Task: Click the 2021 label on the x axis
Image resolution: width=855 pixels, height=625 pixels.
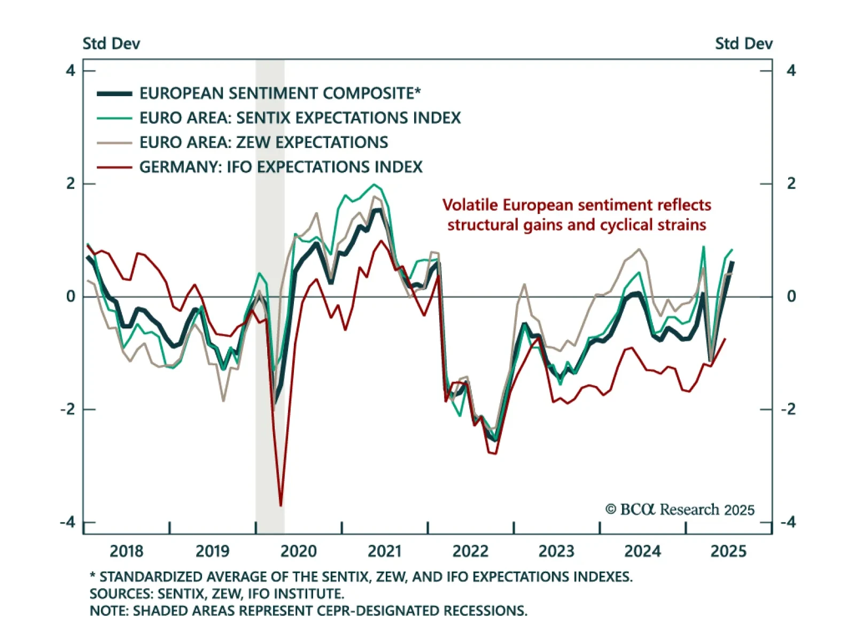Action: click(x=385, y=551)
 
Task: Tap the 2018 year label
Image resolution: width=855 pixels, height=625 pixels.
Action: click(x=127, y=551)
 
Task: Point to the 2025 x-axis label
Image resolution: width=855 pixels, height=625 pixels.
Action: click(x=728, y=551)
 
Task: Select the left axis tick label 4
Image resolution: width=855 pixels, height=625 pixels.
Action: click(x=71, y=71)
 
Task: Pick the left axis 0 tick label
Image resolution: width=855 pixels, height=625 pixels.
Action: click(x=71, y=296)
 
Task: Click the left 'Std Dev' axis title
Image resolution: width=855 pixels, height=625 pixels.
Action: click(x=111, y=43)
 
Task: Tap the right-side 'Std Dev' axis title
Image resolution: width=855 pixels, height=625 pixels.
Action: click(x=744, y=43)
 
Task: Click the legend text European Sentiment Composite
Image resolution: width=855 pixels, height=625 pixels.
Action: click(x=280, y=93)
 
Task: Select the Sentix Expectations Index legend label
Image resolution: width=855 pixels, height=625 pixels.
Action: click(x=300, y=118)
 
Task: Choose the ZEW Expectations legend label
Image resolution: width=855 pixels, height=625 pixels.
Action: click(x=263, y=142)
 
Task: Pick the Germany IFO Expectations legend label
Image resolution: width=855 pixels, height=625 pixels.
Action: click(x=281, y=167)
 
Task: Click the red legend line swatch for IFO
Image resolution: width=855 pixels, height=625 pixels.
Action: click(x=114, y=167)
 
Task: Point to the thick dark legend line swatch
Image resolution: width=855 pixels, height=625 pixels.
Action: click(x=114, y=94)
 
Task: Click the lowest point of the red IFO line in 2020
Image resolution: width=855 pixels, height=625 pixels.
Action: click(x=281, y=505)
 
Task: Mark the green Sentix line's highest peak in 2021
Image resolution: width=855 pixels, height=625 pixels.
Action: click(x=374, y=185)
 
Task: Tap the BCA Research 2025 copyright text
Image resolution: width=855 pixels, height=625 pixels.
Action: click(x=680, y=510)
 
